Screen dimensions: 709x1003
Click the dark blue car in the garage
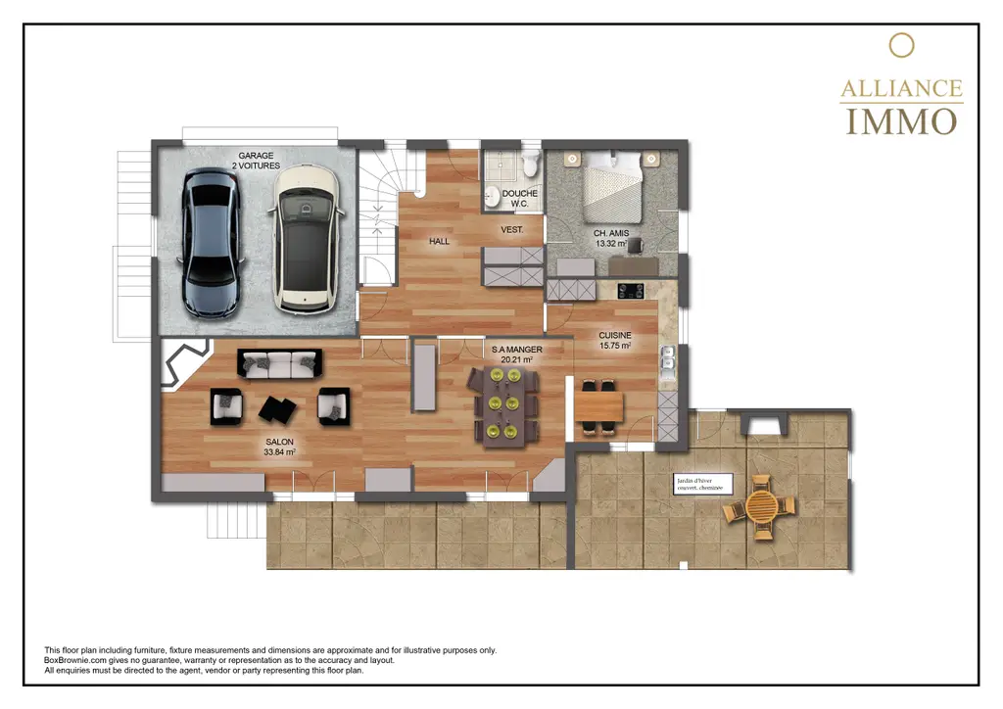click(211, 242)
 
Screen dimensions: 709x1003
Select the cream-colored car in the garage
click(303, 240)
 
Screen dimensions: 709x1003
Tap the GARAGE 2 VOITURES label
click(256, 161)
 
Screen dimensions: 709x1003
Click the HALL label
click(439, 241)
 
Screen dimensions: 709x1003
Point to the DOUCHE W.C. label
click(519, 199)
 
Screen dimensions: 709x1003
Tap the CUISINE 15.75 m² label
click(615, 340)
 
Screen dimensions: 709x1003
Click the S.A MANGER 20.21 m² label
click(515, 354)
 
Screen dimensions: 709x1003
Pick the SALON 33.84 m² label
click(279, 447)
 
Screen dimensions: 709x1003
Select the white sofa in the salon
click(279, 364)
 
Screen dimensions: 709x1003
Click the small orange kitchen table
click(598, 404)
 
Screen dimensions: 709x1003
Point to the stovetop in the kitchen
click(630, 290)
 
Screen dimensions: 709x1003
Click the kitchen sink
click(670, 365)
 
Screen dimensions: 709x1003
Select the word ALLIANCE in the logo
click(901, 88)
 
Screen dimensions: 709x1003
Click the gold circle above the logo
click(901, 45)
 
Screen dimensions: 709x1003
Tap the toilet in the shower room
click(530, 159)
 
